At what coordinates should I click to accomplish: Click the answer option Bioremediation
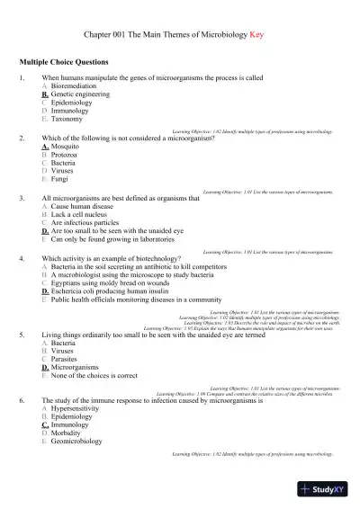73,86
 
